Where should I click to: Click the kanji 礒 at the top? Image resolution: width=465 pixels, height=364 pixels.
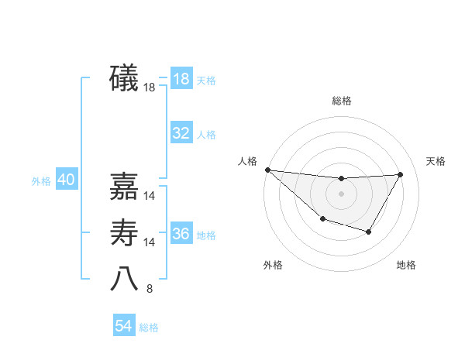tap(125, 79)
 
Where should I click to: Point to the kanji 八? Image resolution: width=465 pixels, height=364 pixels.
tap(125, 280)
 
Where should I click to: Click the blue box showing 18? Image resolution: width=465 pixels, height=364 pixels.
tap(181, 79)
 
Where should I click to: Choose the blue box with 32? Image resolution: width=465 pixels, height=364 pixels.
tap(181, 133)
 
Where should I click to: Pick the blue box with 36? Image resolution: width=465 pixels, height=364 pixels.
tap(181, 234)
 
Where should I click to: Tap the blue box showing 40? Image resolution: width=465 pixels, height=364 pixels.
tap(66, 180)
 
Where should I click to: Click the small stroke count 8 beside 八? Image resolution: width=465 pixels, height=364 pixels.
tap(150, 290)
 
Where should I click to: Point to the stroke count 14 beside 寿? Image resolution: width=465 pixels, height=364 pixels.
tap(150, 242)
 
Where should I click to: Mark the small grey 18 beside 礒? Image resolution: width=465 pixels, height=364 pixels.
tap(150, 88)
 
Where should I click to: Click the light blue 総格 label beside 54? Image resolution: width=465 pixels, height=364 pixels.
tap(149, 328)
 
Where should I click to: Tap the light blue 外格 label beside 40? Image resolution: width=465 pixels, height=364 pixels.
tap(41, 181)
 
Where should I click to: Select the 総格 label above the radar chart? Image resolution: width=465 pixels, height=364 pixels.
tap(341, 101)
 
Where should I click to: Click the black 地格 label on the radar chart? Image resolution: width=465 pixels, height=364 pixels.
tap(406, 265)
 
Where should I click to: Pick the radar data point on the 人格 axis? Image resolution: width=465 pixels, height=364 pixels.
tap(267, 170)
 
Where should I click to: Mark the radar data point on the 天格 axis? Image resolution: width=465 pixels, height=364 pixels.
tap(400, 174)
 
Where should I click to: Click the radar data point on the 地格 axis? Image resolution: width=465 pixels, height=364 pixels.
tap(369, 232)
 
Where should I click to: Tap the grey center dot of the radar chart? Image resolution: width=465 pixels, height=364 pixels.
tap(341, 193)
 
